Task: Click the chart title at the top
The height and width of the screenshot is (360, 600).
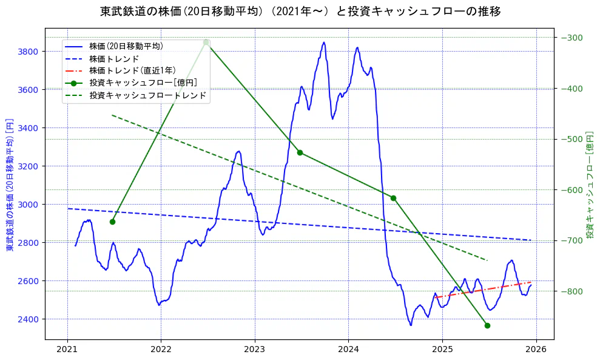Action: coord(300,12)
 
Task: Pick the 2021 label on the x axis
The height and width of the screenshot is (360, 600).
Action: coord(67,350)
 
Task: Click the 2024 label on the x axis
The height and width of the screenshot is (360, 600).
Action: coord(348,350)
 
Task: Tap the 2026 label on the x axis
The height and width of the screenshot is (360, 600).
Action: coord(536,350)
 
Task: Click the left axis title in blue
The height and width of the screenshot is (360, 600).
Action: coord(9,185)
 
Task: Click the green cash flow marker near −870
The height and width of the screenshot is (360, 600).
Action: coord(487,325)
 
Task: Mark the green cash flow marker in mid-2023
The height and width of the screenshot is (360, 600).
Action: coord(300,152)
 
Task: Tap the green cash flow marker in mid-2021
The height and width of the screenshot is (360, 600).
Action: coord(112,222)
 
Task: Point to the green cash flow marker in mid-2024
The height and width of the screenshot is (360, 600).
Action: coord(393,198)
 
